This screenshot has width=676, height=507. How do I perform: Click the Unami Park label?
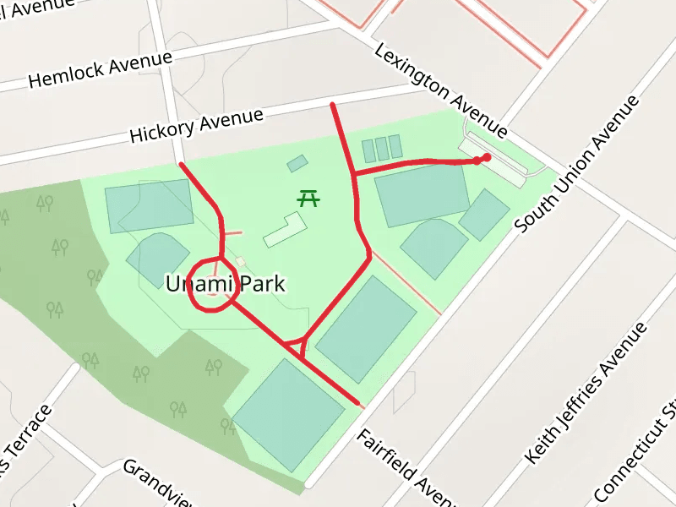pyautogui.click(x=225, y=285)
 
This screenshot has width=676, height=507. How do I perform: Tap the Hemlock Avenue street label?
pyautogui.click(x=100, y=70)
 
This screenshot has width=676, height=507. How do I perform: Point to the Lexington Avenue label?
pyautogui.click(x=440, y=90)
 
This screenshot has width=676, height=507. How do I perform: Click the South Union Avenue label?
pyautogui.click(x=578, y=164)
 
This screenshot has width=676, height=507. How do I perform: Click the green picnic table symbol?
pyautogui.click(x=309, y=199)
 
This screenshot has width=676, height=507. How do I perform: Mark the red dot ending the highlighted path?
pyautogui.click(x=486, y=157)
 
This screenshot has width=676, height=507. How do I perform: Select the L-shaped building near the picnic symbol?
pyautogui.click(x=285, y=230)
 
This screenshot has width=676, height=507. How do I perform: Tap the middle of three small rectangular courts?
pyautogui.click(x=382, y=149)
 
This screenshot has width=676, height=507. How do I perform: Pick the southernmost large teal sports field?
pyautogui.click(x=288, y=415)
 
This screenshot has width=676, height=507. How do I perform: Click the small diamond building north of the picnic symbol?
pyautogui.click(x=297, y=163)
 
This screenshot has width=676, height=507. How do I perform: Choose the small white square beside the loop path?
pyautogui.click(x=240, y=262)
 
